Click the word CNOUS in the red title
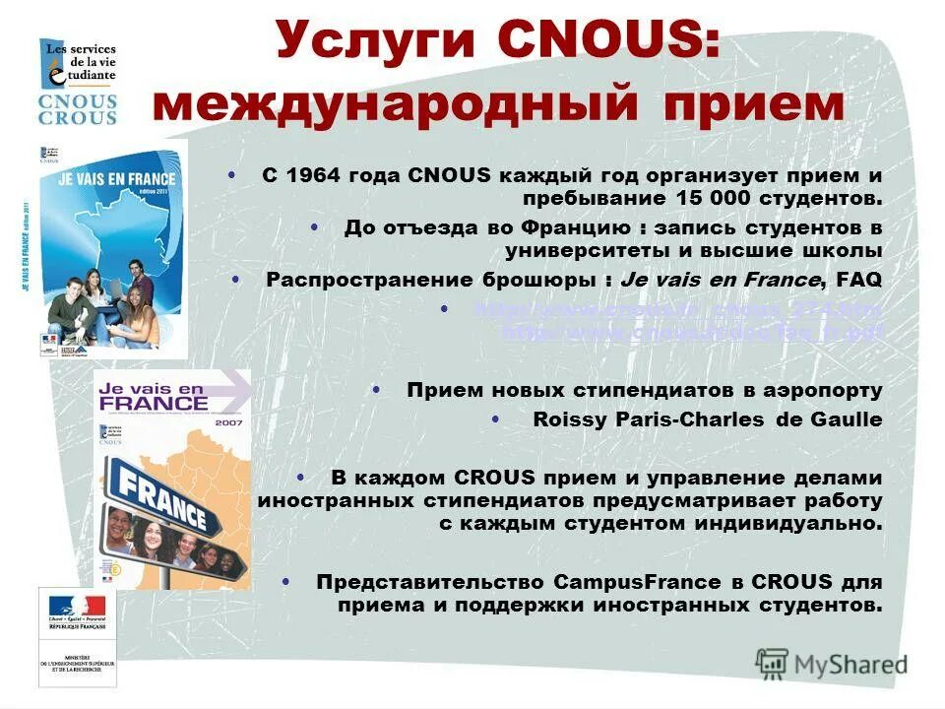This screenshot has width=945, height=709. [607, 43]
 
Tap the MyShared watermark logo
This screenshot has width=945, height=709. [833, 664]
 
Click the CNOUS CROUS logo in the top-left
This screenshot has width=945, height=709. [78, 83]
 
